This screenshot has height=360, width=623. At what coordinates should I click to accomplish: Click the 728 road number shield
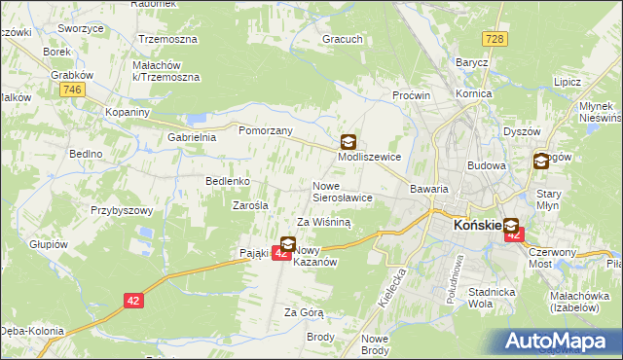tap(496, 38)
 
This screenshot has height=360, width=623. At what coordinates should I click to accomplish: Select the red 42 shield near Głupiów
tap(134, 301)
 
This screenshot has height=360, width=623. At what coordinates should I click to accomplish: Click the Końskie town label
tap(476, 227)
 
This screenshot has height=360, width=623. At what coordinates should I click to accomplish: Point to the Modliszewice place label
tap(369, 156)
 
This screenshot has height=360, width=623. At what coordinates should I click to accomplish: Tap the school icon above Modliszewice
tap(348, 140)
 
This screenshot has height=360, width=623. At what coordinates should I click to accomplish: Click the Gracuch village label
tap(343, 41)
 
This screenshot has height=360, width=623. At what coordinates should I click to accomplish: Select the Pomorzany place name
tap(266, 128)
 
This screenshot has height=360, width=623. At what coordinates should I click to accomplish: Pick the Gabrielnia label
tap(192, 138)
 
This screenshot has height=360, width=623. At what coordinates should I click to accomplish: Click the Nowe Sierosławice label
tap(342, 191)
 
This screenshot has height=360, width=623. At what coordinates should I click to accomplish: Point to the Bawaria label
tap(429, 189)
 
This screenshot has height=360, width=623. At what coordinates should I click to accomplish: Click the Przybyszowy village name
tap(123, 210)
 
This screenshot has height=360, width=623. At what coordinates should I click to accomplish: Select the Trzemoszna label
tap(167, 40)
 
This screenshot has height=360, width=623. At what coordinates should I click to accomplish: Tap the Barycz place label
tap(472, 62)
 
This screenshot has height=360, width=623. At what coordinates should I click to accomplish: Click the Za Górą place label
tap(303, 312)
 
